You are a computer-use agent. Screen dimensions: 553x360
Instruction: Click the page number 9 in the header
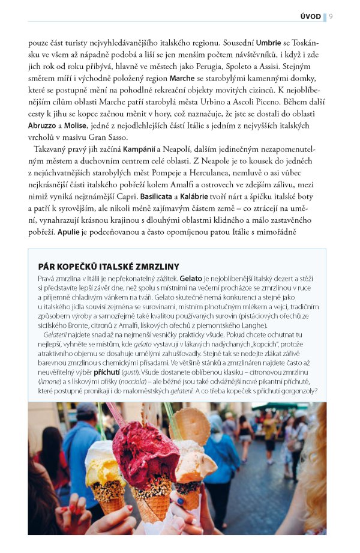[332, 16]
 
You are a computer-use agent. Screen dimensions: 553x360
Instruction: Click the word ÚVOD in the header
[310, 16]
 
